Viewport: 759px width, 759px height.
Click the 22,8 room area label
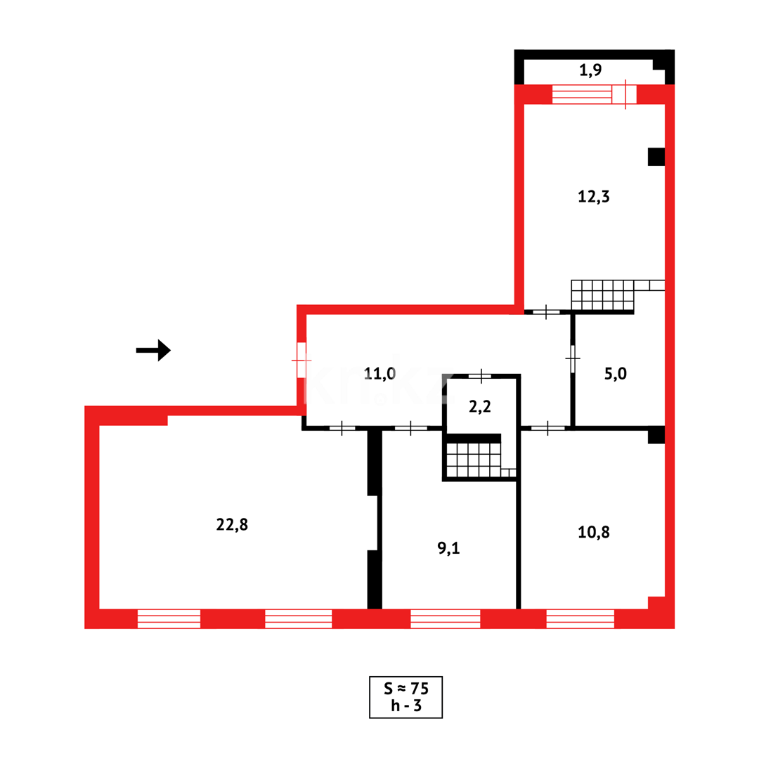click(232, 524)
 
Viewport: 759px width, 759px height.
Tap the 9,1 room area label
click(448, 549)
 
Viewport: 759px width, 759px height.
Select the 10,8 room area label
click(594, 533)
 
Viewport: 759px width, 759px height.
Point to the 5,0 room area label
click(616, 374)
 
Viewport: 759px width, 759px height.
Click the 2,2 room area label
click(480, 406)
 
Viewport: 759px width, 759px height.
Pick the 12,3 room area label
click(594, 197)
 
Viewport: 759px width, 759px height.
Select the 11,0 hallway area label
click(379, 373)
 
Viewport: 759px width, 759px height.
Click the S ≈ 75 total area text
click(406, 687)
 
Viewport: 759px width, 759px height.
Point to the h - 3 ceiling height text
click(406, 706)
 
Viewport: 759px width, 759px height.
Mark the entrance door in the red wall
click(301, 360)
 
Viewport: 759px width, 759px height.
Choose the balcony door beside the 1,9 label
click(624, 94)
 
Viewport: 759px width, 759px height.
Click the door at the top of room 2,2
click(480, 377)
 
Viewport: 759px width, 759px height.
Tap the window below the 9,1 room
click(445, 618)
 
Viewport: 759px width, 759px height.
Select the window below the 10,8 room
click(580, 618)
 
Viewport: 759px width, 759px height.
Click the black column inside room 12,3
click(656, 157)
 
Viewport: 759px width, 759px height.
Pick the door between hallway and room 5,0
click(573, 358)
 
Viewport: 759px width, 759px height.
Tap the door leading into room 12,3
click(546, 311)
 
